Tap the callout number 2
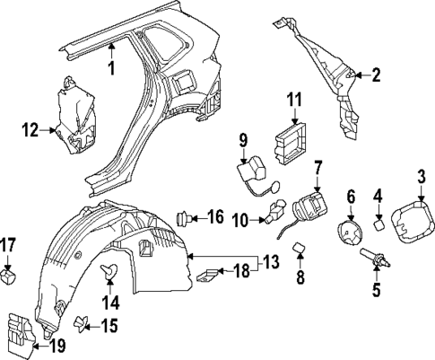376,75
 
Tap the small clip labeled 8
300,254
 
